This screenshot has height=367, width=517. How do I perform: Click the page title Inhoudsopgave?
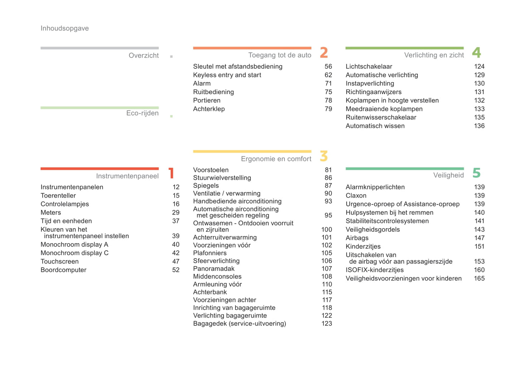coord(65,29)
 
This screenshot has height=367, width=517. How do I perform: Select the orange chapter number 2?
coord(324,53)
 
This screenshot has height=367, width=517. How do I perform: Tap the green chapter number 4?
coord(476,53)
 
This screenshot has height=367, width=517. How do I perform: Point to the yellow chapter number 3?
coord(324,156)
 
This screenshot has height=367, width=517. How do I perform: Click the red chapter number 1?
coord(171,173)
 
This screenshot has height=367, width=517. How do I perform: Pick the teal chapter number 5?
coord(476,173)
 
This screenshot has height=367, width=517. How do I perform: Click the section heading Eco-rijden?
coord(142,113)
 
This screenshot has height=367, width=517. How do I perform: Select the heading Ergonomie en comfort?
coord(276,159)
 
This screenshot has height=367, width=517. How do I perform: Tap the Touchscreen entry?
coord(60,261)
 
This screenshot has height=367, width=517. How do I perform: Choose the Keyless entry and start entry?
coord(227,75)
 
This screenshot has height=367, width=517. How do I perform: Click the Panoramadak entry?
coord(214,269)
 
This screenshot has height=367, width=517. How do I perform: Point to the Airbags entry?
coord(357,238)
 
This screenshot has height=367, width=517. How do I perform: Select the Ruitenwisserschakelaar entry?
coord(381,117)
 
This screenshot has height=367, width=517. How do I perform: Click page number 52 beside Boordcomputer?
coord(176,270)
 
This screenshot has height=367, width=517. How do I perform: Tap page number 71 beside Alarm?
coord(328,83)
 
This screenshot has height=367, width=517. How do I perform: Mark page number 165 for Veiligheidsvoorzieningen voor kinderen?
coord(479,278)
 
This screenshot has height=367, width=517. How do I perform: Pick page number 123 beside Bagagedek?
coord(326,323)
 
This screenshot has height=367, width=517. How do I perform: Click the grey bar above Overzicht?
coord(99,48)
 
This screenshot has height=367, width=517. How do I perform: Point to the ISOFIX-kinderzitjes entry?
coord(375,270)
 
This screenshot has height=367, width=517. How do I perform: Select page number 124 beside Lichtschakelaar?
coord(479,67)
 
